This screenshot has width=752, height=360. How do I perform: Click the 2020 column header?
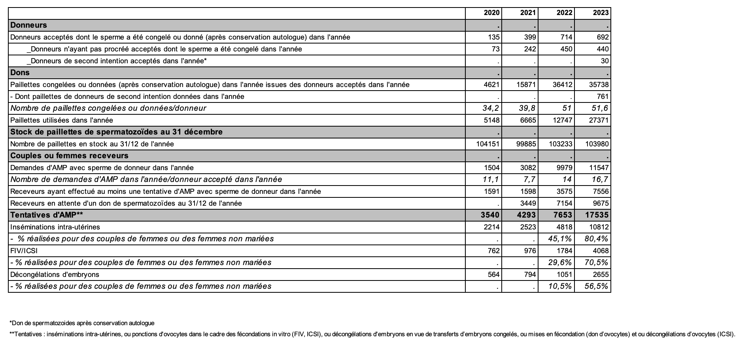click(491, 13)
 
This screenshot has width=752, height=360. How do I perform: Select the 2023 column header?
click(601, 13)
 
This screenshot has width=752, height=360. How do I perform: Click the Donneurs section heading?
click(28, 25)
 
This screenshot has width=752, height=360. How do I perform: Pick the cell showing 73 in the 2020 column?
click(495, 49)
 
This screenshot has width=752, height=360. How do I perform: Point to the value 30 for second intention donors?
click(605, 61)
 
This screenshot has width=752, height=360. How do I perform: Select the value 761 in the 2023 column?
click(603, 97)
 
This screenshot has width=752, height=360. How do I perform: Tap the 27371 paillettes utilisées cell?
click(599, 120)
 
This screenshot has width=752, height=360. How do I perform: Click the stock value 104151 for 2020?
click(488, 144)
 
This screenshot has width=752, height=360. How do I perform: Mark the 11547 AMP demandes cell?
click(599, 168)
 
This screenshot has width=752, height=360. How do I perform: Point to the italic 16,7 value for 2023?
click(600, 180)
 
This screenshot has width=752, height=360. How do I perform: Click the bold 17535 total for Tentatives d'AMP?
click(597, 215)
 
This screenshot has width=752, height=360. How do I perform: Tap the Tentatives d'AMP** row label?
click(47, 215)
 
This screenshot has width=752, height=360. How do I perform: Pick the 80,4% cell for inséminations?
click(597, 239)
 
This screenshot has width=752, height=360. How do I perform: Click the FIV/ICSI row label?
click(24, 251)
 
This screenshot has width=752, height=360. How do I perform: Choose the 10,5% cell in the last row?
click(560, 286)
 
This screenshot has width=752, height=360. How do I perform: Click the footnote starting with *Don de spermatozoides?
click(82, 323)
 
